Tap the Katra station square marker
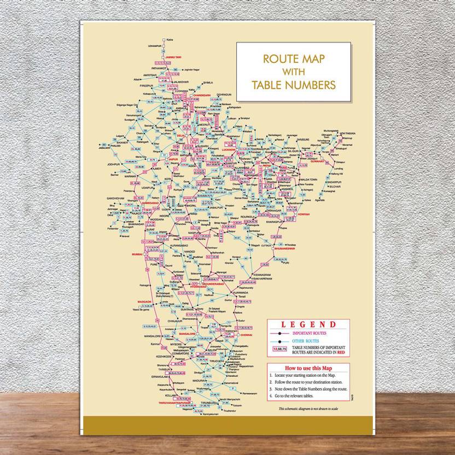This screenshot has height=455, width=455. (x=164, y=39)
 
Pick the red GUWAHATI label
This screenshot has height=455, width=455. (x=331, y=161)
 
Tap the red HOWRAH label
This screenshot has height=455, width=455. (x=304, y=214)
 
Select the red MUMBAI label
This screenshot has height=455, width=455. (x=137, y=254)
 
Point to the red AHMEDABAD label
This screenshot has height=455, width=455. (x=150, y=203)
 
